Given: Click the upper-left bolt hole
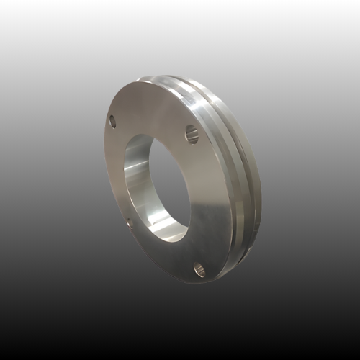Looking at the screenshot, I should pos(112,122).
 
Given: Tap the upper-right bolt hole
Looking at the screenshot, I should pos(192,133).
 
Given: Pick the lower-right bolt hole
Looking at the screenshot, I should pos(199,270).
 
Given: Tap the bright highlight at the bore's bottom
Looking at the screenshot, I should pos(170,231).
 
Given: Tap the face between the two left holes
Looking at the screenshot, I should pos(115,173).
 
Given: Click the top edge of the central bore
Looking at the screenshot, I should pos(148,136).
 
